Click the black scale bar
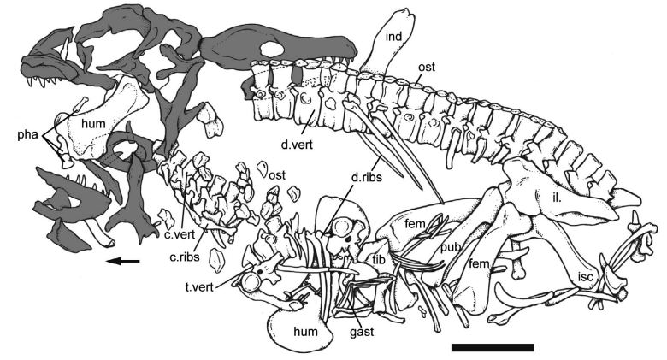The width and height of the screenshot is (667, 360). [492, 347]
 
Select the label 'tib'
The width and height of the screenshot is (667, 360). [378, 257]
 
